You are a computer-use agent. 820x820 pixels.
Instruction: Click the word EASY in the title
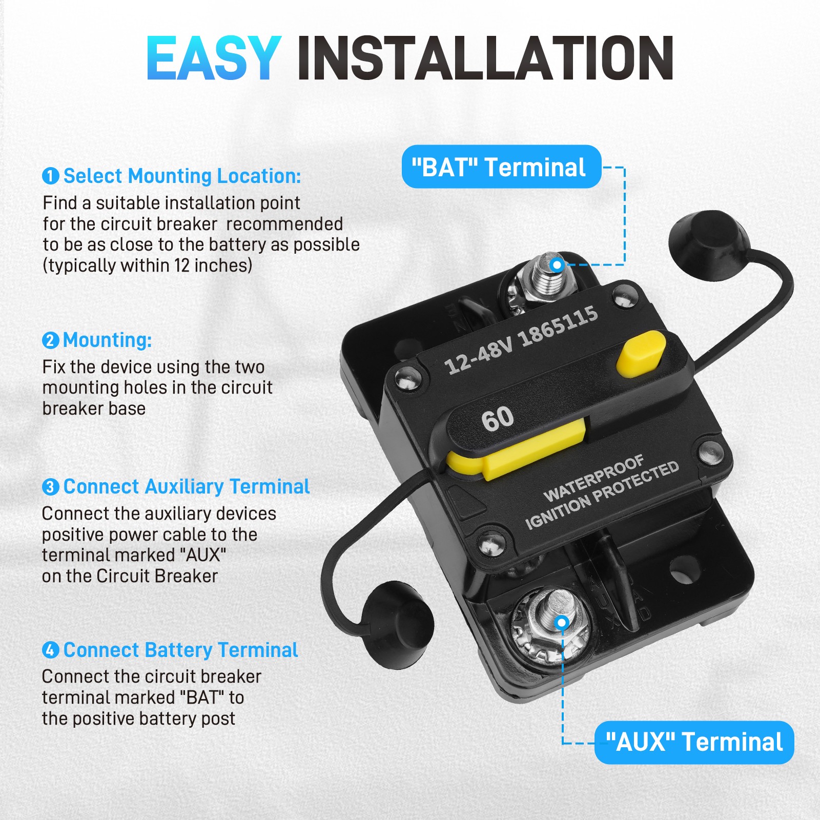tap(214, 58)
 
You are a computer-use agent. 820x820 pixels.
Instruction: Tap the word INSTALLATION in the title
tap(485, 58)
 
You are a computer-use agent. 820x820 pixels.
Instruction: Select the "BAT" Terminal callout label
tap(501, 167)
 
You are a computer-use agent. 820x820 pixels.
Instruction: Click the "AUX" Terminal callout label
tap(694, 742)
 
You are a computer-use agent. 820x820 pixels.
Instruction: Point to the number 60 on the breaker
tap(497, 418)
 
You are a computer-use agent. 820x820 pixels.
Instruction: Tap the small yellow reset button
tap(641, 354)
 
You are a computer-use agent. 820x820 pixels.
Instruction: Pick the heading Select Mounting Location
tap(182, 176)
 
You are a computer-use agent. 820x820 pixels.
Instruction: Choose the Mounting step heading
tap(107, 340)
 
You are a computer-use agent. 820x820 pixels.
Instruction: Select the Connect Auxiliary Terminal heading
tap(187, 487)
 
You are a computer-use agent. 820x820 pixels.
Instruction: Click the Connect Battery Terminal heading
tap(180, 650)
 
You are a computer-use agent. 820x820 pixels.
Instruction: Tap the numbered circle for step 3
tap(50, 487)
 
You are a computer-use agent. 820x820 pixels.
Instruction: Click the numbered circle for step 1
tap(50, 176)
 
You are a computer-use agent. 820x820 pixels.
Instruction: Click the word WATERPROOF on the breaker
tap(593, 478)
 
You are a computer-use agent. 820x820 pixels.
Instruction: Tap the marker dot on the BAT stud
tap(557, 265)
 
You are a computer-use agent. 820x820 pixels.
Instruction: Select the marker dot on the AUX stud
tap(562, 623)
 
